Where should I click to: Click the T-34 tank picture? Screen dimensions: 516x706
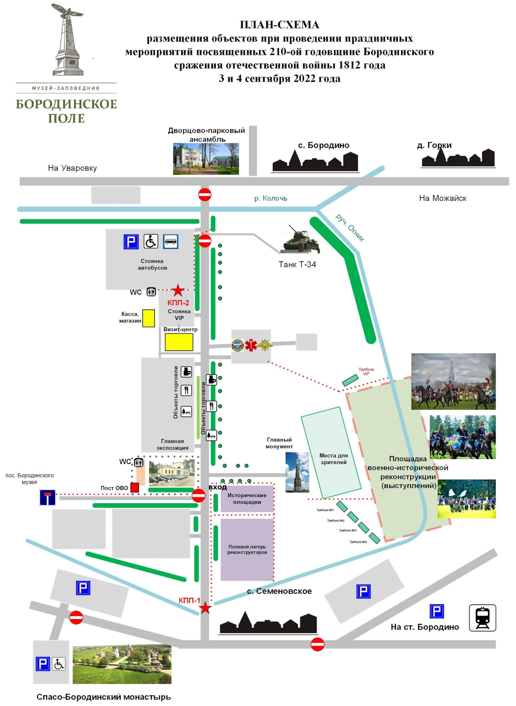(300, 240)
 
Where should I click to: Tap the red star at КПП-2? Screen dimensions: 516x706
(178, 290)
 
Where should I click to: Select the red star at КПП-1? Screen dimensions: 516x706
(205, 608)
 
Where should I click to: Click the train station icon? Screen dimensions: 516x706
(482, 618)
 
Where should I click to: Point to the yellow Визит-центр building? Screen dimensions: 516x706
(179, 342)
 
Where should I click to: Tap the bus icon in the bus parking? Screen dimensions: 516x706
(171, 242)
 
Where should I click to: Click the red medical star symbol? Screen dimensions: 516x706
(251, 345)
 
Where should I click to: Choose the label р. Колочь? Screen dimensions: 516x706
(271, 198)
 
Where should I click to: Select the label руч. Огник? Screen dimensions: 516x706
(350, 228)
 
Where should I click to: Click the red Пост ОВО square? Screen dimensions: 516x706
(135, 487)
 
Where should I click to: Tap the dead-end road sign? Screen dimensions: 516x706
(48, 498)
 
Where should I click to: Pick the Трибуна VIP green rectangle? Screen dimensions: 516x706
(350, 380)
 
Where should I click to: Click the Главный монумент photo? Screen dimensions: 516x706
(297, 472)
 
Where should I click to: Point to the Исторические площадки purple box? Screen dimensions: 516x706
(247, 499)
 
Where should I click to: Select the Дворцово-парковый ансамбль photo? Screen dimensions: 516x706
(206, 158)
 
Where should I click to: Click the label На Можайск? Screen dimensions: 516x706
(442, 198)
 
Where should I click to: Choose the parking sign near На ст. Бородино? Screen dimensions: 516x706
(437, 611)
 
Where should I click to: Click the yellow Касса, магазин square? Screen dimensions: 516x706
(148, 318)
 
